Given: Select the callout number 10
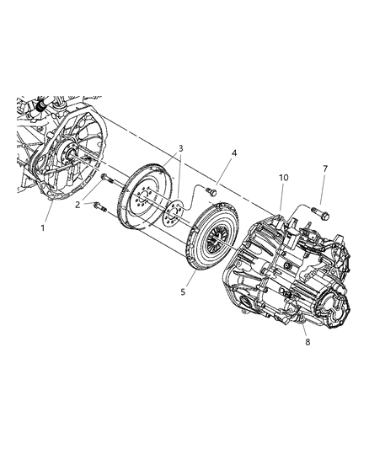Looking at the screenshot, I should click(x=284, y=178).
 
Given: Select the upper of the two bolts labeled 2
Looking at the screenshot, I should click(x=106, y=179).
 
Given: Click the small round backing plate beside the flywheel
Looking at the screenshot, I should click(x=173, y=212).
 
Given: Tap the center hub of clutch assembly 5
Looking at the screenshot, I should click(x=217, y=242).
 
